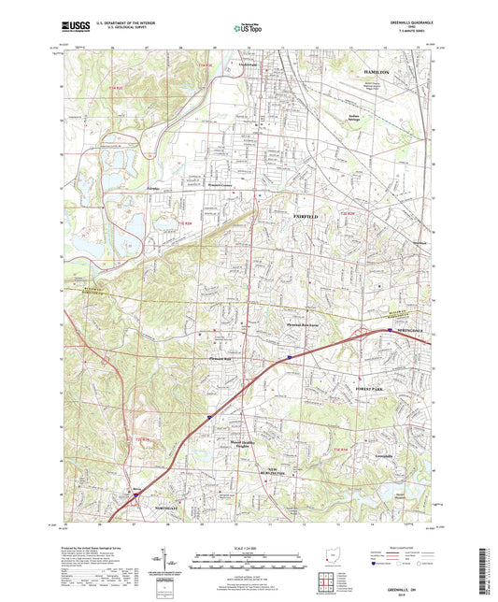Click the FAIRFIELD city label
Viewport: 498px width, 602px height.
[306, 216]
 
